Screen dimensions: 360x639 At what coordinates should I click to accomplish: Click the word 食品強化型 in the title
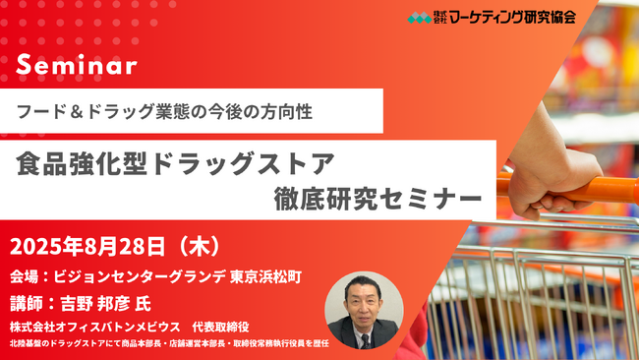click(x=78, y=160)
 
